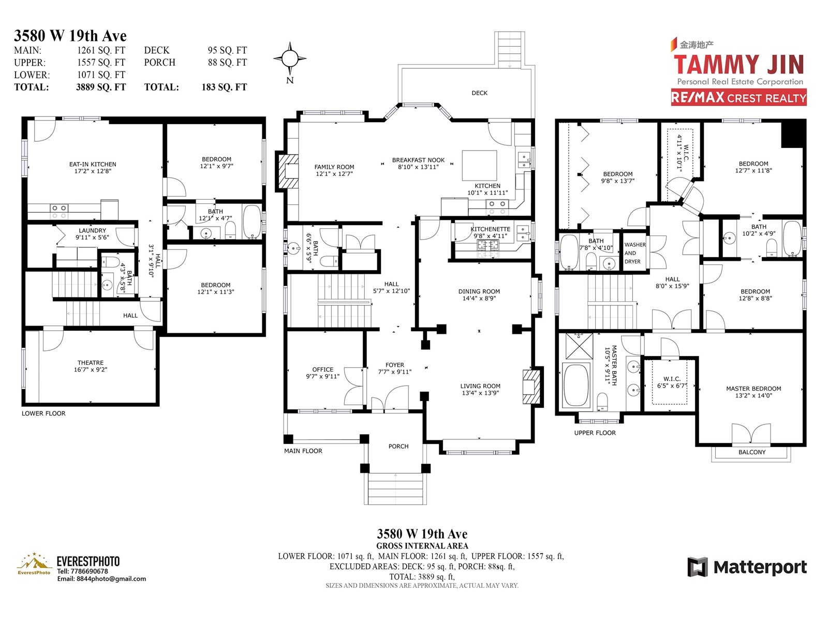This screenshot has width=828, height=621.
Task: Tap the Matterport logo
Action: click(747, 567)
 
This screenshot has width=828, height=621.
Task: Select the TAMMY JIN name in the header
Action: click(738, 65)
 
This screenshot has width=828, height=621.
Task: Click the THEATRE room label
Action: click(91, 363)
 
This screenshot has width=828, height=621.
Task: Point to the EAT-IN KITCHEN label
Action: click(93, 165)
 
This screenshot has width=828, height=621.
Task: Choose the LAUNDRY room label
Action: click(93, 231)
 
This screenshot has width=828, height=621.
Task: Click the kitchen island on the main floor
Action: click(479, 166)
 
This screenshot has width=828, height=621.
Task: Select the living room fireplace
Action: click(531, 387)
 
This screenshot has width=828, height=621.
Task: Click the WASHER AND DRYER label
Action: click(635, 253)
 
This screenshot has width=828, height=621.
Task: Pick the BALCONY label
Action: click(752, 452)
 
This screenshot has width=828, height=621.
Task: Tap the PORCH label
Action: click(398, 447)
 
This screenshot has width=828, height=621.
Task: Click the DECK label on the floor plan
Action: click(479, 93)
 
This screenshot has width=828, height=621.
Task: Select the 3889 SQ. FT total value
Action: click(101, 87)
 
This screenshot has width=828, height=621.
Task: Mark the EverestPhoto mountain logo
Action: click(34, 564)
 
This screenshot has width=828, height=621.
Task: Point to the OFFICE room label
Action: click(322, 369)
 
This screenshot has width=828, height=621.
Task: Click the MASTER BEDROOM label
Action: click(753, 389)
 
